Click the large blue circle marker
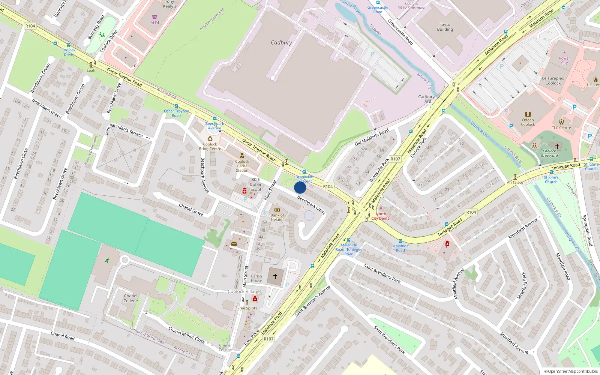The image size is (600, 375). point(300,187)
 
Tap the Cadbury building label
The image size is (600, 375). point(281,43)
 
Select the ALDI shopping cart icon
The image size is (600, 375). point(155,17)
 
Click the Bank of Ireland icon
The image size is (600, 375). point(277,210)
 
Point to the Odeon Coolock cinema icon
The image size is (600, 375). point(528,114)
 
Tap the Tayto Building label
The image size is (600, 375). point(445,27)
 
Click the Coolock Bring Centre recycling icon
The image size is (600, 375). point(210,139)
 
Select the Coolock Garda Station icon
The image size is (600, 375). point(242,156)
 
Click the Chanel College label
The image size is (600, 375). point(130,298)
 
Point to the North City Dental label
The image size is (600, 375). point(381,216)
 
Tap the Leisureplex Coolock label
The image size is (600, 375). point(553,81)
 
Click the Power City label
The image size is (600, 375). point(564,60)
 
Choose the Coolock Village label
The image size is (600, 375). point(244,291)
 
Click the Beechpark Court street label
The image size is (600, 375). point(311,205)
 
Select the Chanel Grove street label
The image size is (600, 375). point(191,210)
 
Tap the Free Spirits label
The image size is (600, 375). point(247,308)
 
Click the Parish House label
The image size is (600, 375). point(256,278)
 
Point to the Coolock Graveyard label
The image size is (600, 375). point(549,153)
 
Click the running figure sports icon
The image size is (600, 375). point(107,260)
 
